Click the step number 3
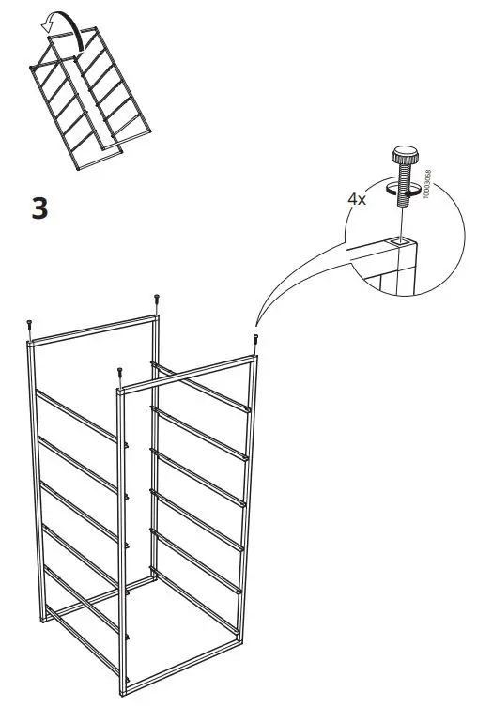[x=39, y=207]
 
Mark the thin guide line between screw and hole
[x=402, y=225]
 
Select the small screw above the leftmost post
[x=30, y=325]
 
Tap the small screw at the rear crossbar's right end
[x=156, y=300]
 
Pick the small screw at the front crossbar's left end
[x=119, y=373]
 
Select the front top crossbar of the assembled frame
[x=188, y=371]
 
